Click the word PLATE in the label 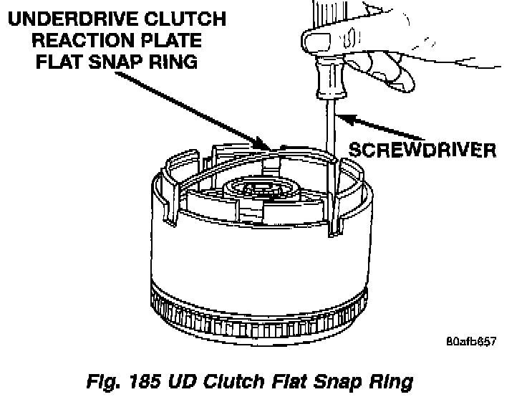(171, 39)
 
